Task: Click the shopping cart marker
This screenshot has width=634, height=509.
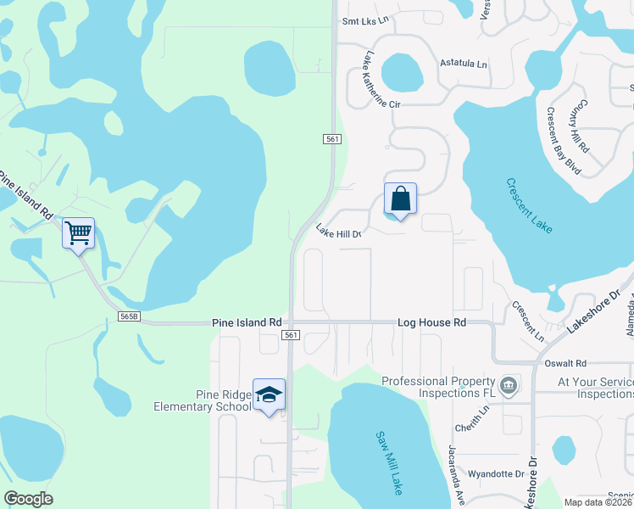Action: pyautogui.click(x=78, y=233)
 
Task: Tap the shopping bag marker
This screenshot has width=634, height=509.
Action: pyautogui.click(x=400, y=200)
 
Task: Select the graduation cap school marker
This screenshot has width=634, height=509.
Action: pyautogui.click(x=270, y=395)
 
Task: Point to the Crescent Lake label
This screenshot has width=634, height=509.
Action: pyautogui.click(x=530, y=206)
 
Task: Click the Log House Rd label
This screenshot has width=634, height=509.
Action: pyautogui.click(x=432, y=323)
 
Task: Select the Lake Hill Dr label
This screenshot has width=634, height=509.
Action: pyautogui.click(x=339, y=231)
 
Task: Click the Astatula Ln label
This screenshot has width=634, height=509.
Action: pyautogui.click(x=464, y=64)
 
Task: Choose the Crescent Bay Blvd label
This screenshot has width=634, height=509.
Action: pyautogui.click(x=564, y=141)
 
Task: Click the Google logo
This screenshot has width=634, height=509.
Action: pyautogui.click(x=28, y=499)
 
